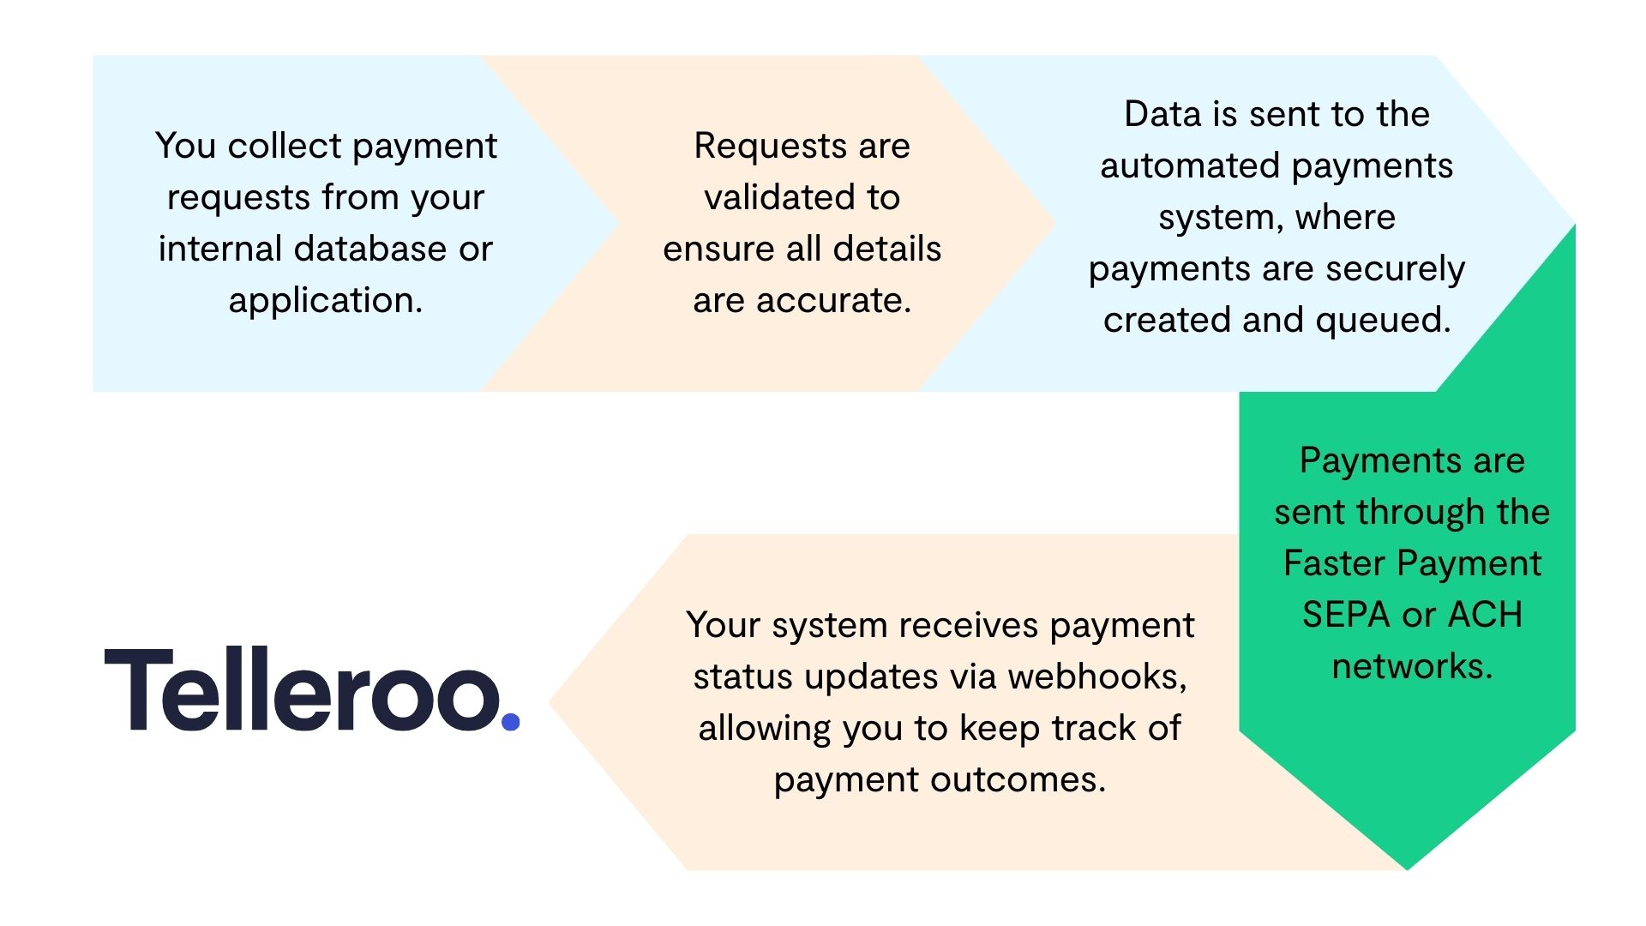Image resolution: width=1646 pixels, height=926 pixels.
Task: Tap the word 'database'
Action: click(x=372, y=249)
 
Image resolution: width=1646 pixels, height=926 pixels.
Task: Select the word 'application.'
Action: click(x=326, y=300)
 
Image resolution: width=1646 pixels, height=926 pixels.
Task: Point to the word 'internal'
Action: click(x=220, y=249)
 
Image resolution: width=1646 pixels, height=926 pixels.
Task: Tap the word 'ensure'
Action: click(x=719, y=249)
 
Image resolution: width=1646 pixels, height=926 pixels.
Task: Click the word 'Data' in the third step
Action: click(x=1160, y=114)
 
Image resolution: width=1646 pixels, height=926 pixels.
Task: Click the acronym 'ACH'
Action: click(x=1485, y=615)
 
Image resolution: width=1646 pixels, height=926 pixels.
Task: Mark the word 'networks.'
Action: click(x=1412, y=666)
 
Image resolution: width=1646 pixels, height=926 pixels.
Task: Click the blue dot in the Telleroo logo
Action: click(x=510, y=722)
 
